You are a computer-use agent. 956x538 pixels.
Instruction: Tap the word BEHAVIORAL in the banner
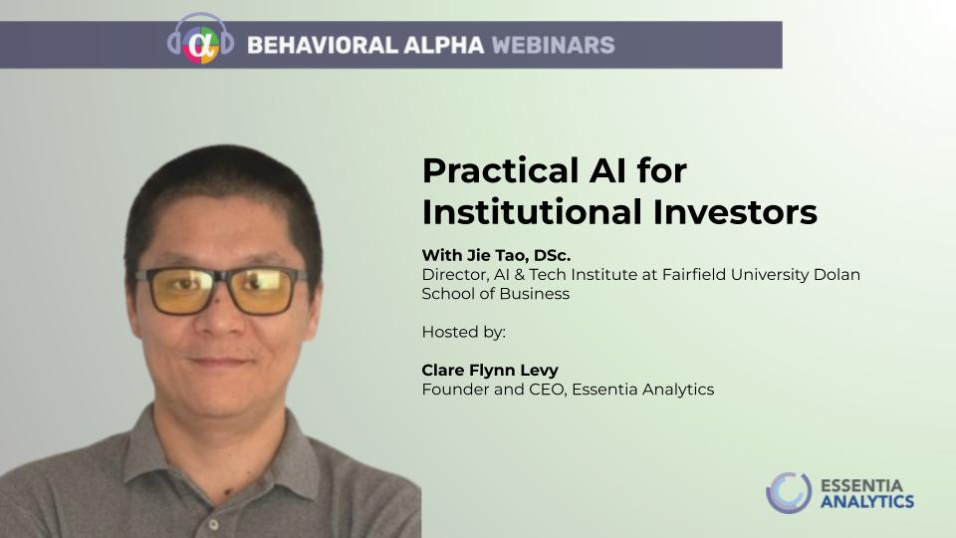[x=323, y=45]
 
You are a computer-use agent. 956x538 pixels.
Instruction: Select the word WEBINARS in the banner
[x=553, y=45]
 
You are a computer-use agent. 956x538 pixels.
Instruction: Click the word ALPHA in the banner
[x=444, y=45]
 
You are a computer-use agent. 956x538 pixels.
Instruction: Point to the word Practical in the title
[x=501, y=170]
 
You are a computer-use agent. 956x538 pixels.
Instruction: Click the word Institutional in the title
[x=532, y=212]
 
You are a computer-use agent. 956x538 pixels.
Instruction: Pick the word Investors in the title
[x=735, y=212]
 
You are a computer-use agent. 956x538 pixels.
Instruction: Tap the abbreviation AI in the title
[x=607, y=170]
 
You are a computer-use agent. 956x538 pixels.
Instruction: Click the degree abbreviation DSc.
[x=552, y=255]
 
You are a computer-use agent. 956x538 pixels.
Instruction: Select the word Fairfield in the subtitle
[x=694, y=275]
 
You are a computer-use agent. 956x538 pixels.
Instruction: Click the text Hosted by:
[x=464, y=332]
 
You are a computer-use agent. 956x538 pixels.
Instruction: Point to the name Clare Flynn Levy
[x=490, y=371]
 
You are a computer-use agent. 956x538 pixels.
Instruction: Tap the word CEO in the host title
[x=547, y=390]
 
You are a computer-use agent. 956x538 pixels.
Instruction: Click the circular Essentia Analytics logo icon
[x=789, y=493]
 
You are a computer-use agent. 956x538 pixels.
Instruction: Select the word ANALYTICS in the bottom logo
[x=867, y=502]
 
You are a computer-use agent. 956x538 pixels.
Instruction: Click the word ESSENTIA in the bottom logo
[x=861, y=486]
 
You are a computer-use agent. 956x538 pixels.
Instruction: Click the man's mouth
[x=219, y=361]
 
